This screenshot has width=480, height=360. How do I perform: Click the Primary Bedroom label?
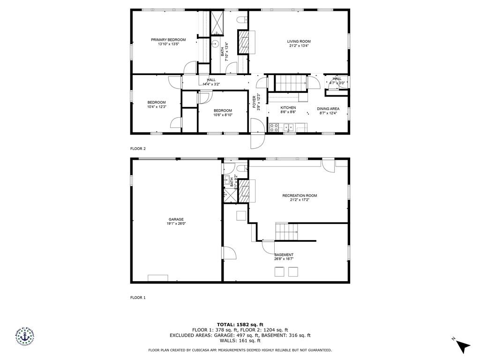click(x=168, y=40)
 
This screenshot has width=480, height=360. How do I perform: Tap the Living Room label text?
click(x=299, y=42)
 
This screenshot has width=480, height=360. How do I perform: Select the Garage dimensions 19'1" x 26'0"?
click(x=176, y=224)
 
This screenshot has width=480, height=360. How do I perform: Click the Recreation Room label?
click(x=300, y=195)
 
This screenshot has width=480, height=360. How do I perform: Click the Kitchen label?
click(x=288, y=108)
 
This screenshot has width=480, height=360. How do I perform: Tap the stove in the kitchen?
click(x=274, y=127)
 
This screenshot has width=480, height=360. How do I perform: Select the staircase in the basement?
click(x=286, y=231)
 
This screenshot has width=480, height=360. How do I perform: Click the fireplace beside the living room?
click(x=244, y=43)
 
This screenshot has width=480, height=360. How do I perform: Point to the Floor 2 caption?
click(x=138, y=149)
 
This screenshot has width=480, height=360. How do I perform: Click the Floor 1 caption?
click(x=138, y=297)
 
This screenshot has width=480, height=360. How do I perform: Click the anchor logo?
click(x=24, y=336)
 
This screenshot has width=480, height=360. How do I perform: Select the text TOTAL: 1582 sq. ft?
click(x=240, y=324)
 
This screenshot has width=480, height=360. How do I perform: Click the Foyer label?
click(x=256, y=102)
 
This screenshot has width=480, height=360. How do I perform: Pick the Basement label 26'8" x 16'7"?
click(x=284, y=257)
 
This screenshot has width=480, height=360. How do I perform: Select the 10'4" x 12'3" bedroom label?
click(x=157, y=105)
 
